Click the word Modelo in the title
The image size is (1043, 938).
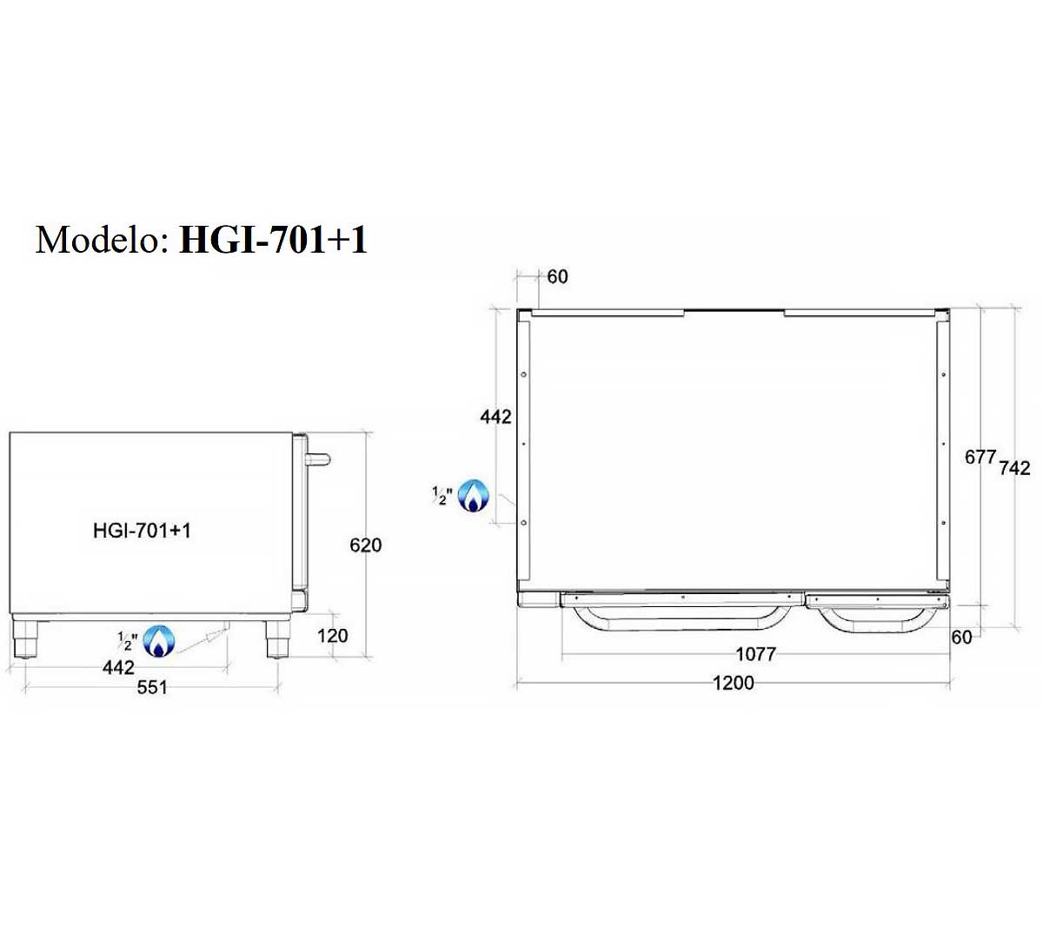tap(103, 240)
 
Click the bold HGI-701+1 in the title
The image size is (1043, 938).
tap(274, 240)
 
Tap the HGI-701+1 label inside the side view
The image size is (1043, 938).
tap(142, 531)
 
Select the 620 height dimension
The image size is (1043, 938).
tap(366, 545)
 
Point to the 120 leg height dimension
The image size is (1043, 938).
tap(333, 636)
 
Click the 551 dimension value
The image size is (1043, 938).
tap(152, 688)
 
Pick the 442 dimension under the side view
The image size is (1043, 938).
tap(118, 667)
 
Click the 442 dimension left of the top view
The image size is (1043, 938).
tap(495, 417)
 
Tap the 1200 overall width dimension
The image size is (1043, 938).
tap(733, 683)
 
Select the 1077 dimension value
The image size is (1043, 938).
tap(756, 654)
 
